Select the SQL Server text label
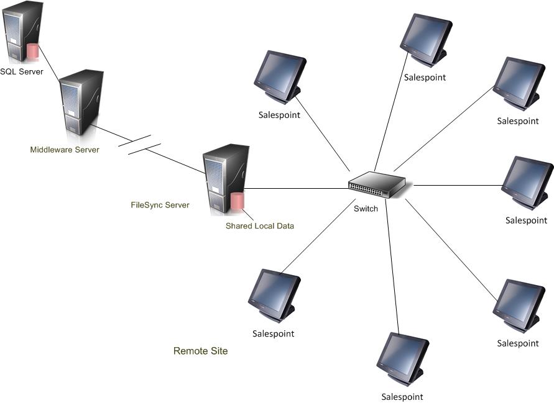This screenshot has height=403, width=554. click(x=22, y=71)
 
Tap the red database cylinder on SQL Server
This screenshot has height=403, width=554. click(x=32, y=51)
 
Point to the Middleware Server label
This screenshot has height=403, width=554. click(x=65, y=150)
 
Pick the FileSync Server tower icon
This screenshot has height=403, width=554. click(x=225, y=177)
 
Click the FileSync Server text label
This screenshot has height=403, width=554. click(x=160, y=205)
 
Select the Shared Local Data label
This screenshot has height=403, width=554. click(x=259, y=226)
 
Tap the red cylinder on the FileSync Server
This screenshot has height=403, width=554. click(x=237, y=202)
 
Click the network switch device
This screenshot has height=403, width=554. click(x=377, y=184)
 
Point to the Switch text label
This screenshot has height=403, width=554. click(x=366, y=209)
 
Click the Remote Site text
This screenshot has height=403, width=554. click(x=200, y=351)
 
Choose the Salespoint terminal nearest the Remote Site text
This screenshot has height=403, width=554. click(x=274, y=295)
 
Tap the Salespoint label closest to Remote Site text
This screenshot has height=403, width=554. click(x=273, y=333)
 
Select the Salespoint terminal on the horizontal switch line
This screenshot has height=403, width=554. click(x=527, y=181)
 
